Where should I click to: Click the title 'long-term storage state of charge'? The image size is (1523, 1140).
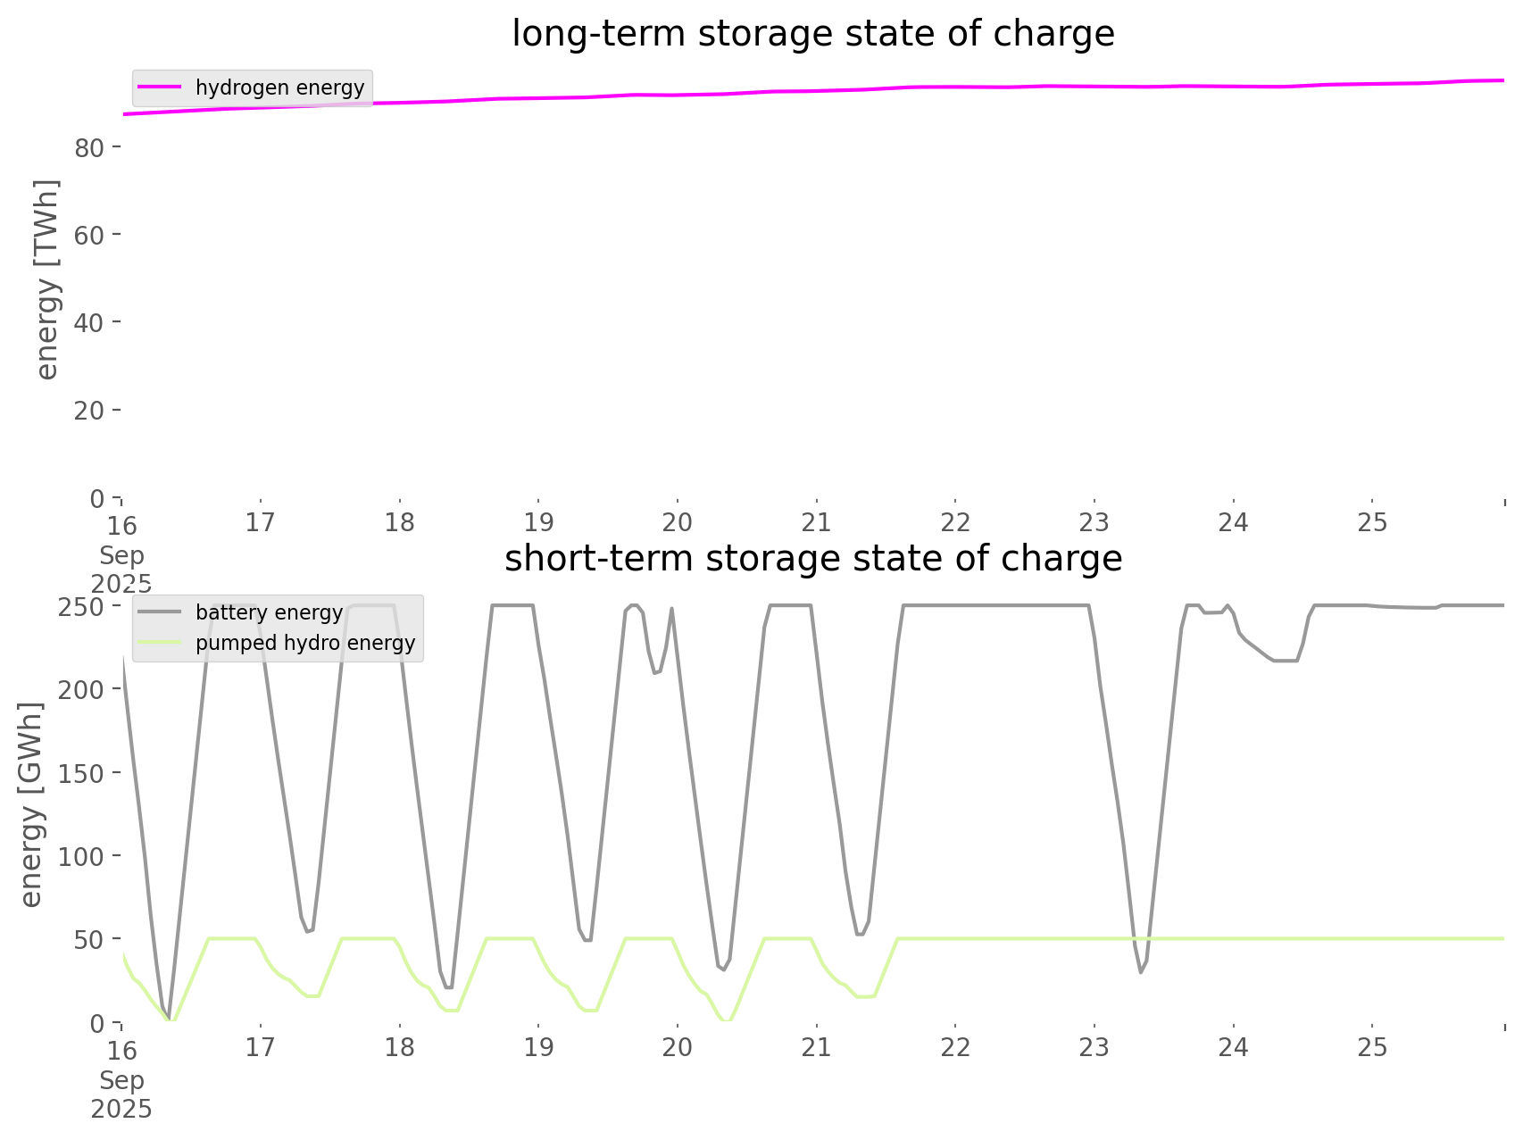tap(812, 34)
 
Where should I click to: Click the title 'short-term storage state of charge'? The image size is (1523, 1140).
tap(812, 559)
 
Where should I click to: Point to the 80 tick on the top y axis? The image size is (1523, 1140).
tap(89, 147)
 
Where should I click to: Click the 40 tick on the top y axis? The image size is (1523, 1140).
tap(89, 322)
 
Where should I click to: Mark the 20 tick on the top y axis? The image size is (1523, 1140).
tap(89, 410)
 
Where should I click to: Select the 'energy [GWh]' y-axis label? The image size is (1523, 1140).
tap(31, 804)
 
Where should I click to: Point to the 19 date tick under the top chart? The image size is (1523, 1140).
tap(538, 522)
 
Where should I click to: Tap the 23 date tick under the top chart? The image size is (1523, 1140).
tap(1094, 522)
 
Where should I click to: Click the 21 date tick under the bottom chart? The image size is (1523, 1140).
tap(816, 1047)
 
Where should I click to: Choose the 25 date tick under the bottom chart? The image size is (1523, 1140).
tap(1372, 1047)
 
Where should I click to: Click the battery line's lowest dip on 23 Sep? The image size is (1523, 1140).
tap(1141, 972)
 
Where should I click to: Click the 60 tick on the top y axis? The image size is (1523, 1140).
tap(89, 235)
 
